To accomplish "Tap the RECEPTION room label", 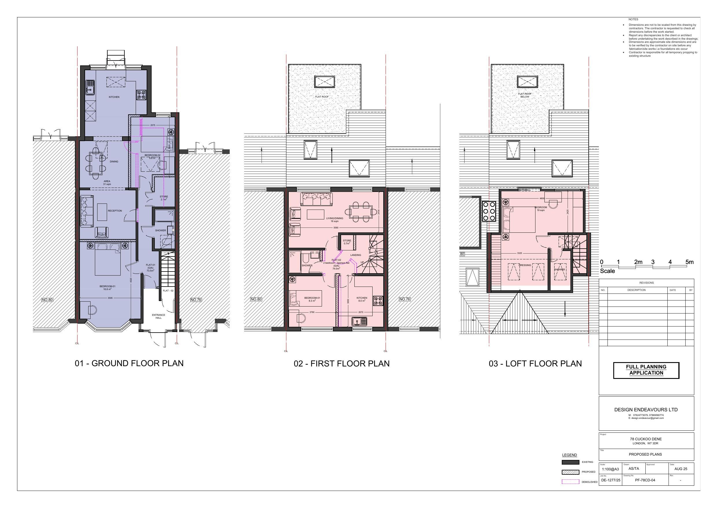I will (x=115, y=211).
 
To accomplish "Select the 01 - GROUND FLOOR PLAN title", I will (x=129, y=363).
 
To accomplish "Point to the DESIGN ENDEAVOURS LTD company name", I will (x=646, y=409).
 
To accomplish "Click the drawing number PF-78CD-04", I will (x=645, y=480).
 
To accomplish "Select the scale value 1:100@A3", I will (x=610, y=469).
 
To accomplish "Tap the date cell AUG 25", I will (x=681, y=469).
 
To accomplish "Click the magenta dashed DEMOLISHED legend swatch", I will (x=570, y=482).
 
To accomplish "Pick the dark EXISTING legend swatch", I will (x=570, y=462).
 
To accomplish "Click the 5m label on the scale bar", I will (x=689, y=262).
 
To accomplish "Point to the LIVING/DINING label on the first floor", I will (x=334, y=218).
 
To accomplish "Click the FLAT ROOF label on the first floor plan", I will (x=322, y=97).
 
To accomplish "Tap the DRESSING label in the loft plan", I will (x=525, y=265).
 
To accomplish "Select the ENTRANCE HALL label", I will (x=159, y=316).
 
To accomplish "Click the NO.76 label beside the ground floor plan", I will (x=196, y=300).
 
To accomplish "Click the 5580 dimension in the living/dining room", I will (x=336, y=228).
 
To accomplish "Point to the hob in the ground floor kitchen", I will (x=141, y=95).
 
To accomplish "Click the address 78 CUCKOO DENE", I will (x=646, y=439).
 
